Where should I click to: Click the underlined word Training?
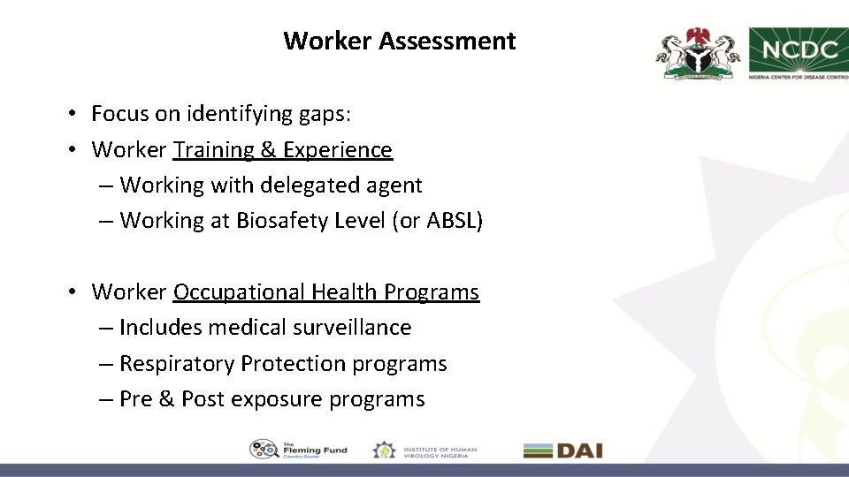(x=213, y=150)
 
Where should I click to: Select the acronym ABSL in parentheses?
(x=453, y=221)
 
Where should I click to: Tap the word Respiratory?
(x=177, y=364)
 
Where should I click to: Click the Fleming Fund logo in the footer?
(x=298, y=450)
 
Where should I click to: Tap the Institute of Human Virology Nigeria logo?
(x=424, y=450)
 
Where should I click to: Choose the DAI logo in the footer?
(x=562, y=450)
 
